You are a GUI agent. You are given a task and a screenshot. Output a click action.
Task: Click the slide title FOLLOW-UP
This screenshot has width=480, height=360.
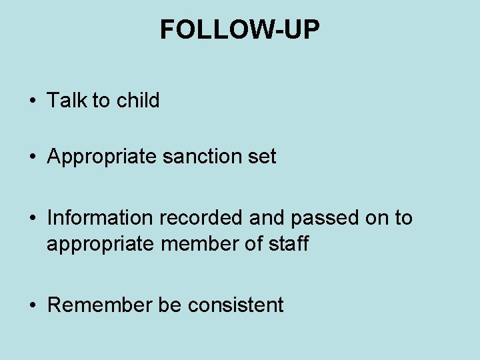240,30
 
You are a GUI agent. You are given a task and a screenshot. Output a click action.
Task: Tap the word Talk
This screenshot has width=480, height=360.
67,101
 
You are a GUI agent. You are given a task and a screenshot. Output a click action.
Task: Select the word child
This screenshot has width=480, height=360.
138,101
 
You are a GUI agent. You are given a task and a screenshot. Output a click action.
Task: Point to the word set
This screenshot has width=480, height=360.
263,157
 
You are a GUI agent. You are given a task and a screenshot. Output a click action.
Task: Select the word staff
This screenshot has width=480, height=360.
287,244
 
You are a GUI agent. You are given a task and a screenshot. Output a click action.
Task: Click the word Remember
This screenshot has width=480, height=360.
100,305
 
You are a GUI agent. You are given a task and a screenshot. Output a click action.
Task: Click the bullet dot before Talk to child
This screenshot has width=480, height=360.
33,101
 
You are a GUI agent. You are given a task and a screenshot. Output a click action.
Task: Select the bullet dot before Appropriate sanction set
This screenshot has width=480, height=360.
33,158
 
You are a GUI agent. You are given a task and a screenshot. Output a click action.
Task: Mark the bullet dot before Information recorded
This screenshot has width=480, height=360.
33,219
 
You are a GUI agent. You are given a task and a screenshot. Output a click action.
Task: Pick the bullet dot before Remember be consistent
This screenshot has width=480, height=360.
33,306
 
